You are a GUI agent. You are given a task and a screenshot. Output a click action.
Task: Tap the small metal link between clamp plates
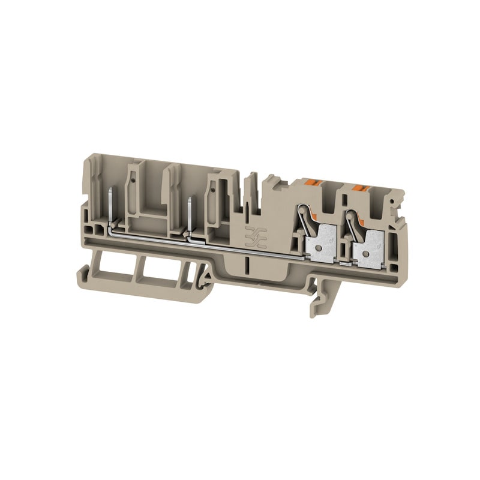(344, 262)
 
